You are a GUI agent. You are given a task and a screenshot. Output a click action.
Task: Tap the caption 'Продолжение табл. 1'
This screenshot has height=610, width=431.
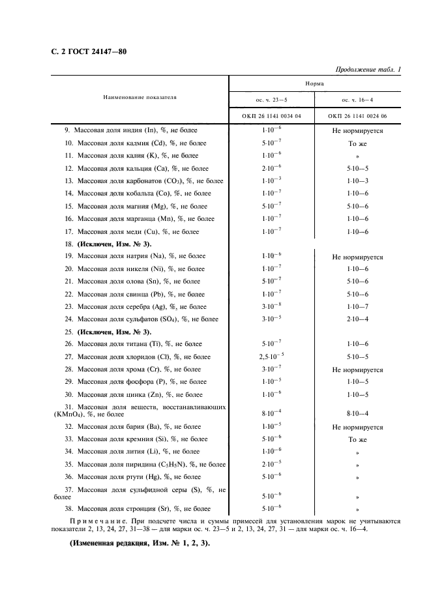click(x=368, y=69)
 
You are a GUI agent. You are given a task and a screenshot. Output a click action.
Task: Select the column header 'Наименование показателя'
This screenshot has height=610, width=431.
click(x=140, y=97)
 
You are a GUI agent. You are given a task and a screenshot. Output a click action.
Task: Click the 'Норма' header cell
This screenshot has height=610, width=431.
click(x=316, y=83)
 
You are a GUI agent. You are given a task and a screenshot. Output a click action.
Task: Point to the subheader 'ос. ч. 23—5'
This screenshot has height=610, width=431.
click(x=271, y=100)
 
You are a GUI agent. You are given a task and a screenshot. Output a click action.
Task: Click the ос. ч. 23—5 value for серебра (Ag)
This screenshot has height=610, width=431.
click(x=271, y=306)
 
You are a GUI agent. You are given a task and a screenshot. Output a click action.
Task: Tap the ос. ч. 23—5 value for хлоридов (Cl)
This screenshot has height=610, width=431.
click(x=271, y=356)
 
